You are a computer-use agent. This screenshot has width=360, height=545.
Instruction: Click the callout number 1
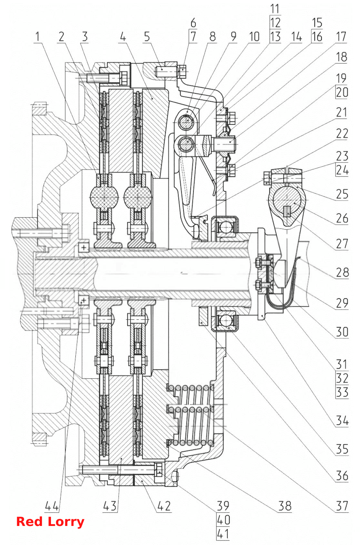tap(37, 36)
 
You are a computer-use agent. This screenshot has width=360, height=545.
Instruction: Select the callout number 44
tap(52, 506)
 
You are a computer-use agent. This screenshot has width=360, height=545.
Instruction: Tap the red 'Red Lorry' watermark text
tap(50, 522)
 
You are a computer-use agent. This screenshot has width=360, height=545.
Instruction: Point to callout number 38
tap(285, 506)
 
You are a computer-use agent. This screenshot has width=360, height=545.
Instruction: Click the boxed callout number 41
tap(223, 534)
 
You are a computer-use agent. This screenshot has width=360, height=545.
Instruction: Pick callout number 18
tap(341, 57)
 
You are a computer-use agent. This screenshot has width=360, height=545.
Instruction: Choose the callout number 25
tap(342, 194)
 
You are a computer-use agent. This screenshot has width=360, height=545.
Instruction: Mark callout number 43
tap(110, 506)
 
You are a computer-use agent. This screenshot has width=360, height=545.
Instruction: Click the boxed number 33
tap(342, 392)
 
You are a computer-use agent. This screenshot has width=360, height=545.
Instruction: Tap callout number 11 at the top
tap(275, 9)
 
